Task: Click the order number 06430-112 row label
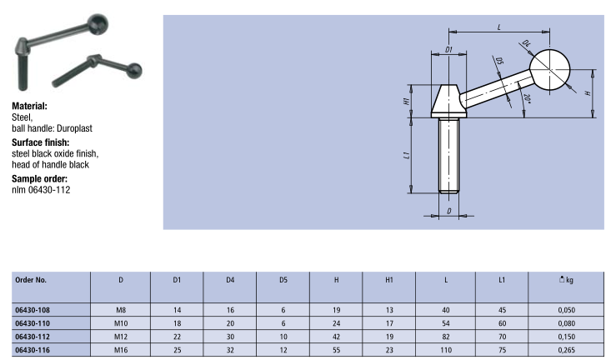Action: point(33,337)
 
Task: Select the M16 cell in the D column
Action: point(121,350)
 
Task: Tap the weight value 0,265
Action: point(567,350)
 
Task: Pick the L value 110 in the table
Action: point(446,350)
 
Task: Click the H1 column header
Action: point(389,280)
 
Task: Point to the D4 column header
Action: point(230,280)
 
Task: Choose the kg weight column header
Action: point(566,280)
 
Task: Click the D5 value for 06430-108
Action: point(283,310)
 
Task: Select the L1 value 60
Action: point(502,323)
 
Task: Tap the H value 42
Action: point(336,337)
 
